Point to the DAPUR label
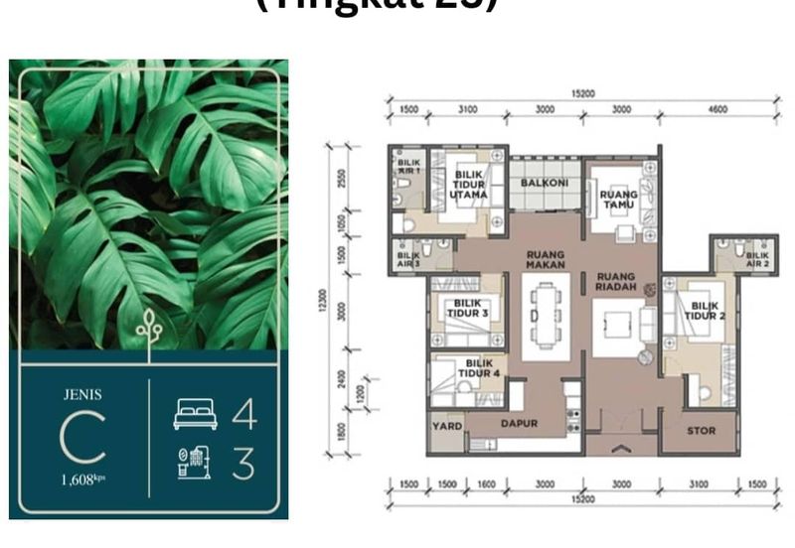pos(519,424)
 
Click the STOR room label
pos(701,431)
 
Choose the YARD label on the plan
pos(444,424)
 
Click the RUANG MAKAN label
pos(546,259)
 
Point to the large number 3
pos(243,464)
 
